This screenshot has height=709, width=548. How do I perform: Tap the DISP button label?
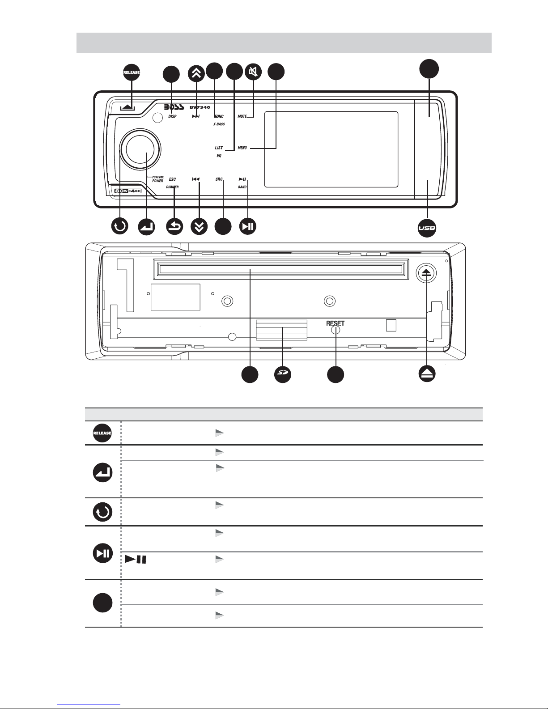(172, 117)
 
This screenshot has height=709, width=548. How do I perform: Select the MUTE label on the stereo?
(242, 117)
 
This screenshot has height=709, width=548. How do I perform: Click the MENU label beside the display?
(242, 148)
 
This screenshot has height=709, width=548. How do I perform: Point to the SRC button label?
(219, 179)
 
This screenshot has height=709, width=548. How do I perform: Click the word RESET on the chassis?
(335, 323)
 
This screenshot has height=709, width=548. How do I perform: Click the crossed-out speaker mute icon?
(254, 72)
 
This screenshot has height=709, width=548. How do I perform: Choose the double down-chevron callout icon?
(199, 227)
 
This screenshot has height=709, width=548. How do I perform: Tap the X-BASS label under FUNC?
(219, 124)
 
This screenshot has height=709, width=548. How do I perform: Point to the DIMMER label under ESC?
(172, 187)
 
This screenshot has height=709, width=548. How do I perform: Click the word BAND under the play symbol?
(242, 187)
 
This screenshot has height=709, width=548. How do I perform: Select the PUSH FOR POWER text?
(157, 179)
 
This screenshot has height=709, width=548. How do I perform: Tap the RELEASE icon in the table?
(102, 433)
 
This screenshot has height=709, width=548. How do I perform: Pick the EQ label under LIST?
(219, 156)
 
